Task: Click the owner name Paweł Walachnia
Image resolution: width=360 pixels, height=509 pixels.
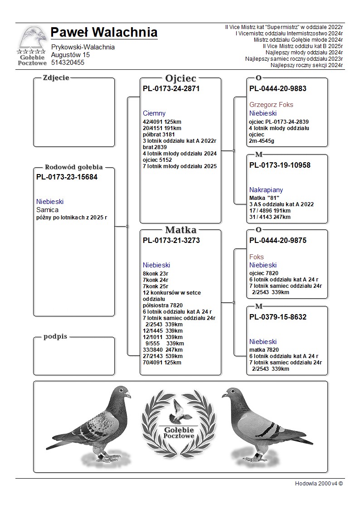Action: point(104,33)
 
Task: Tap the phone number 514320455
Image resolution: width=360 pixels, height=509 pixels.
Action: point(68,63)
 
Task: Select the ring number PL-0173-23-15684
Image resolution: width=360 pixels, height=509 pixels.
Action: point(67,177)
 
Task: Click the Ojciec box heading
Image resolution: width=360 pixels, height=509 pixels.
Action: point(180,78)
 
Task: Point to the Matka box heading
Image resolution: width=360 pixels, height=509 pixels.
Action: point(180,230)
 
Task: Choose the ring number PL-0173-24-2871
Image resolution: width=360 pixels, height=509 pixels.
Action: point(171,89)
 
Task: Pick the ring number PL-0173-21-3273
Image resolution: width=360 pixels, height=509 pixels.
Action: point(171,241)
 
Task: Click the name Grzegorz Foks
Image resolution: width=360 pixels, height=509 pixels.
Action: point(271,105)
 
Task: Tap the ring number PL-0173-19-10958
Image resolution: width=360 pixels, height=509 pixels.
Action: point(280,165)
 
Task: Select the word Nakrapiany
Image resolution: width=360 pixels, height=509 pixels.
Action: point(266,190)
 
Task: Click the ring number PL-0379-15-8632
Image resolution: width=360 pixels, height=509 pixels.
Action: point(278,317)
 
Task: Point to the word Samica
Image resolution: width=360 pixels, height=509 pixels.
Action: point(47,210)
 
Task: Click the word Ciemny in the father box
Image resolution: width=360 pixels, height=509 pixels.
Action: point(154,113)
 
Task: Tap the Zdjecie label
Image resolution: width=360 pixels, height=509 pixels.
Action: point(56,78)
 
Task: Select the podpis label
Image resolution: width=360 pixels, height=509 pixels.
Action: point(55,337)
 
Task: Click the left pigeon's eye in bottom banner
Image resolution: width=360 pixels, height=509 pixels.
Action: point(121,390)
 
